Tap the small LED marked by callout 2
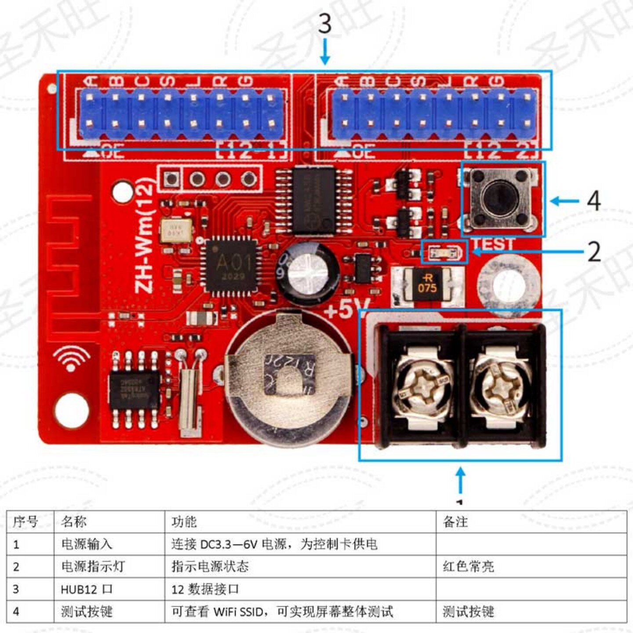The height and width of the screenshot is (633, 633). point(444,253)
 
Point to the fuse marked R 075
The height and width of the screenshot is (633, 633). point(427,284)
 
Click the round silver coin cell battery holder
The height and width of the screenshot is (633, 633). point(288,378)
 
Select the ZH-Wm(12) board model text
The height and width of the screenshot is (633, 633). point(145,236)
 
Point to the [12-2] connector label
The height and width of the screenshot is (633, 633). point(502,151)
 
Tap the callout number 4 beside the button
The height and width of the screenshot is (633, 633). point(594,201)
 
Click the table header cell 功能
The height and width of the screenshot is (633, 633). point(184,522)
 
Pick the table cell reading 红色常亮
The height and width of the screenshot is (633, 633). point(468,567)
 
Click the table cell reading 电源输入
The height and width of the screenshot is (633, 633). point(87,544)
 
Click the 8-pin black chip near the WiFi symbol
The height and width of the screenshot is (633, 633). point(135,389)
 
